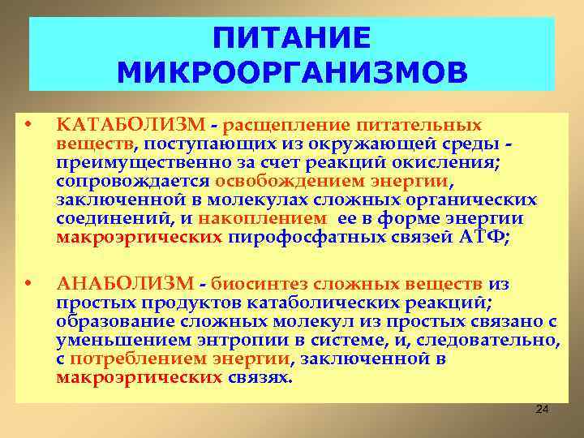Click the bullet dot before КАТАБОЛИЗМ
point(28,126)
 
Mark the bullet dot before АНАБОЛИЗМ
point(28,283)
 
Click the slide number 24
point(543,411)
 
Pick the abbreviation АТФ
point(483,238)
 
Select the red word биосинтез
point(251,283)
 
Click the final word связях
point(260,377)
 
